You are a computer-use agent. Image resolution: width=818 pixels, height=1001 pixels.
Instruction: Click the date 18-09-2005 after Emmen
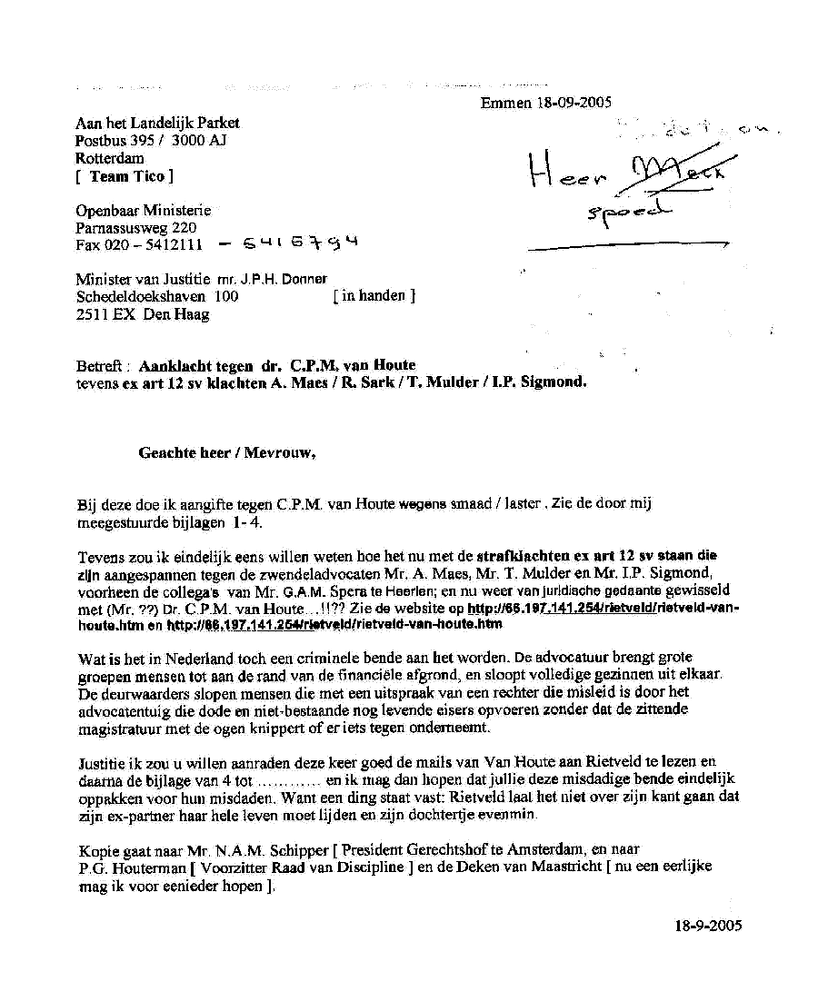point(573,103)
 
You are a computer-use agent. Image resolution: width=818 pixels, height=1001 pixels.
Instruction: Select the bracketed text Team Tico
point(127,176)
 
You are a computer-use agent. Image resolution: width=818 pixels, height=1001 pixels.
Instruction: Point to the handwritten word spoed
point(627,213)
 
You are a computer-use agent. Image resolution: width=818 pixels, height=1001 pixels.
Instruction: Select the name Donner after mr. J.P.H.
point(304,279)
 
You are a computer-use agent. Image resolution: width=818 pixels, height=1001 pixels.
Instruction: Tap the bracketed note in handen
point(374,296)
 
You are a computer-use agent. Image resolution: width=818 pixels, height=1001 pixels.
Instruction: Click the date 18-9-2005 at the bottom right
point(708,926)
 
